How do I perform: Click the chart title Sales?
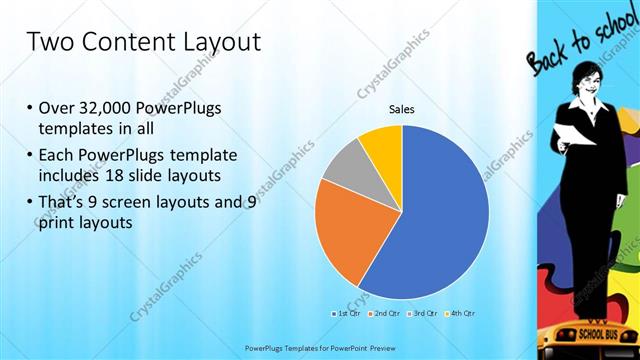tap(401, 110)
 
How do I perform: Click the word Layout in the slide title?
tap(213, 42)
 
